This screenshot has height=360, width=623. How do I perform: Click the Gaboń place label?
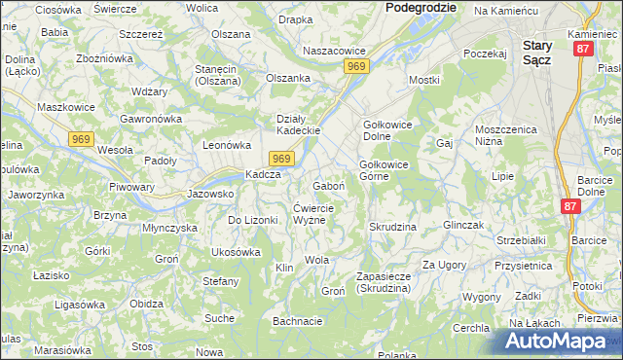click(x=329, y=185)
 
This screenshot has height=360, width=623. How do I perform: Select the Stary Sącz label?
click(x=538, y=53)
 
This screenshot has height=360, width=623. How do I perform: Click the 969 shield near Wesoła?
click(x=82, y=141)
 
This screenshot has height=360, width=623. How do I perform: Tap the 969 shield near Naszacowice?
click(x=355, y=65)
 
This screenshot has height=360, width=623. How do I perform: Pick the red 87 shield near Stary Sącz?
click(x=582, y=49)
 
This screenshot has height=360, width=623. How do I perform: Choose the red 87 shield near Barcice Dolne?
click(x=570, y=207)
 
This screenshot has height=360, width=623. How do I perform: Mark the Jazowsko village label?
click(x=210, y=194)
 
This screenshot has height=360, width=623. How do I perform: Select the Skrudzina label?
click(x=392, y=226)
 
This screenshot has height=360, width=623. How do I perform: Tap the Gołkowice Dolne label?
click(x=389, y=130)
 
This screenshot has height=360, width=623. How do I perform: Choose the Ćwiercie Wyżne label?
click(x=314, y=213)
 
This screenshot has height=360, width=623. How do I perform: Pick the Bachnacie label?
click(x=297, y=321)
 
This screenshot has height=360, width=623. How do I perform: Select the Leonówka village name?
click(x=227, y=144)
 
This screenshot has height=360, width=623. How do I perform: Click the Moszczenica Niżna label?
click(x=506, y=135)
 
